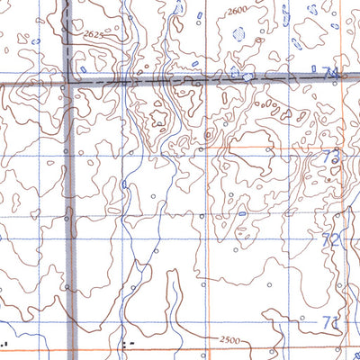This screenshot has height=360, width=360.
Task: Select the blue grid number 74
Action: (330, 72)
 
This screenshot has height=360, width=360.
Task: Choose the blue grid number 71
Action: (330, 322)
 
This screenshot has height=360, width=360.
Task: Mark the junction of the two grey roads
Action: (67, 82)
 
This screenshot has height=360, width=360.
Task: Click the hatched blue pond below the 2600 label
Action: (239, 34)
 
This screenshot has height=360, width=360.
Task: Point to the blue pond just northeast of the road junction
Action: (82, 68)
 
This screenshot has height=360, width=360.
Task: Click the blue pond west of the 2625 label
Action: (36, 40)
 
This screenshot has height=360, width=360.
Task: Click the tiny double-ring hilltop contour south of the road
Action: (209, 136)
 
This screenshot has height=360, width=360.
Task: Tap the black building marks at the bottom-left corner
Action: (7, 342)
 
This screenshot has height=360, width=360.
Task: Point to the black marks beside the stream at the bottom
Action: (129, 343)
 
